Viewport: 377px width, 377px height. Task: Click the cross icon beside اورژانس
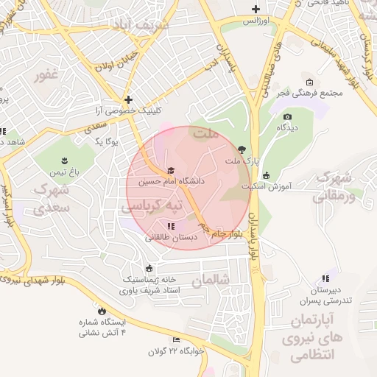click(x=256, y=10)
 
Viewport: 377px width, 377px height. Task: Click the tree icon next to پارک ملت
click(x=242, y=149)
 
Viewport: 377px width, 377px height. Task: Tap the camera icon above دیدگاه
click(x=287, y=116)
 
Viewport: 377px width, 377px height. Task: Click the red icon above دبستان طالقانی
click(x=171, y=226)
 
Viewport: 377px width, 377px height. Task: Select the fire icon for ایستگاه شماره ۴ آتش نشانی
click(x=102, y=311)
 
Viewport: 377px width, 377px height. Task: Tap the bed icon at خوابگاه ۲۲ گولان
click(x=175, y=339)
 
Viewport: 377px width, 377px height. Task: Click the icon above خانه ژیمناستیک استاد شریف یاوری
click(x=150, y=268)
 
